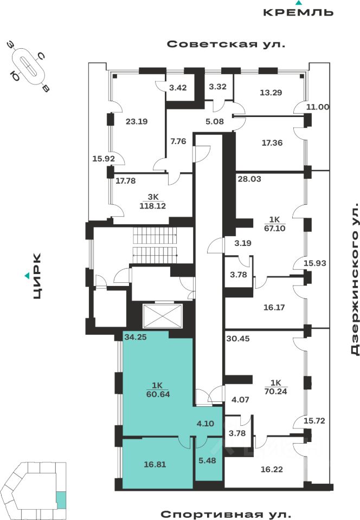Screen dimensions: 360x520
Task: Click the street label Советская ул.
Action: [x=226, y=44]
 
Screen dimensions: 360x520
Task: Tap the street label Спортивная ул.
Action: [x=226, y=513]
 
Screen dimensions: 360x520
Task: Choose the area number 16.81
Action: [x=155, y=464]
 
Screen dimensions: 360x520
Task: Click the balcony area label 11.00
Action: [x=318, y=107]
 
